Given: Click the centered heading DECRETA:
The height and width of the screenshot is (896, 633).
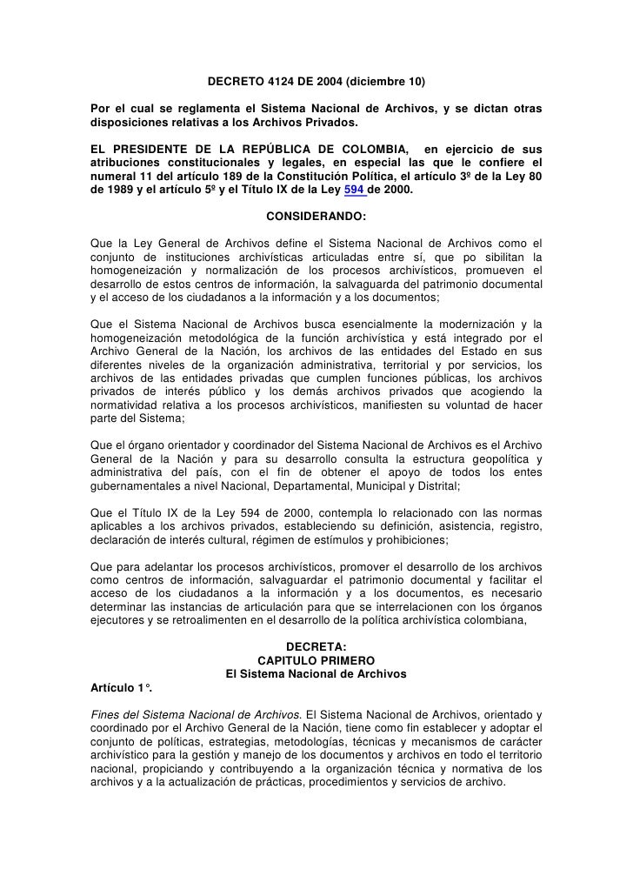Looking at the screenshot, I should (x=316, y=645).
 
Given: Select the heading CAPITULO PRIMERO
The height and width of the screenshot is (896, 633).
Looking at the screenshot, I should (x=316, y=660).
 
